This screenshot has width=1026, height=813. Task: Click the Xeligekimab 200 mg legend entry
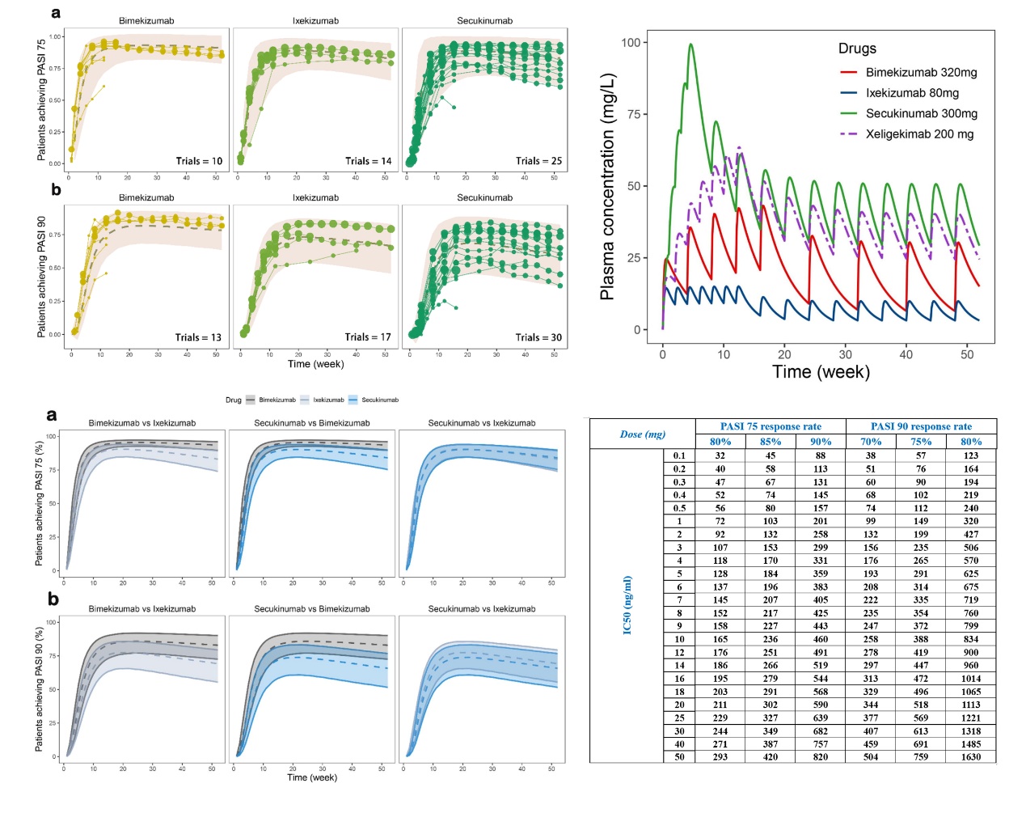(x=919, y=134)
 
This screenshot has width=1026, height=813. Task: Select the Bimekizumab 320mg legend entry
(x=921, y=73)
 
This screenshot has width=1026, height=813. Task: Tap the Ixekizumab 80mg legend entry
(x=912, y=93)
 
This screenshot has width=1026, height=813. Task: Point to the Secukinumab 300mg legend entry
(x=921, y=113)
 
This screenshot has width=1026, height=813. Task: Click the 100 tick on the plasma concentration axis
(x=631, y=42)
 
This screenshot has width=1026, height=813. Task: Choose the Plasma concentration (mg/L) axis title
(x=607, y=187)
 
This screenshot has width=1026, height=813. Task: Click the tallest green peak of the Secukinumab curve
(x=691, y=44)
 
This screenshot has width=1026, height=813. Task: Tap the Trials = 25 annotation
(x=538, y=161)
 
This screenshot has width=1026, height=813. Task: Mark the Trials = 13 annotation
(x=198, y=337)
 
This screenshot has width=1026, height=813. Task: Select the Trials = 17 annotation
(x=368, y=337)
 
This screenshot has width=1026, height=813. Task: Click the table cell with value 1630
(x=971, y=757)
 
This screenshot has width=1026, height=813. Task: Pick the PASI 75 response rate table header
(x=771, y=426)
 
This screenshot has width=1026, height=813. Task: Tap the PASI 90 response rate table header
(x=921, y=426)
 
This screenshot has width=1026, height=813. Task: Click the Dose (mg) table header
(x=643, y=434)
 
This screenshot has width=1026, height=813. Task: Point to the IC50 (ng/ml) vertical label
(x=627, y=605)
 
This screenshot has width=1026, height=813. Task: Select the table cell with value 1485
(x=971, y=744)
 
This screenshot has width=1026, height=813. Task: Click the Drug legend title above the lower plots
(x=233, y=400)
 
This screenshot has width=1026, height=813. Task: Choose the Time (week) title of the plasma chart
(x=821, y=372)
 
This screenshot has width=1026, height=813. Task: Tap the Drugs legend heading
(x=857, y=49)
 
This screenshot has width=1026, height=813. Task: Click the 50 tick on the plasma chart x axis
(x=967, y=354)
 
